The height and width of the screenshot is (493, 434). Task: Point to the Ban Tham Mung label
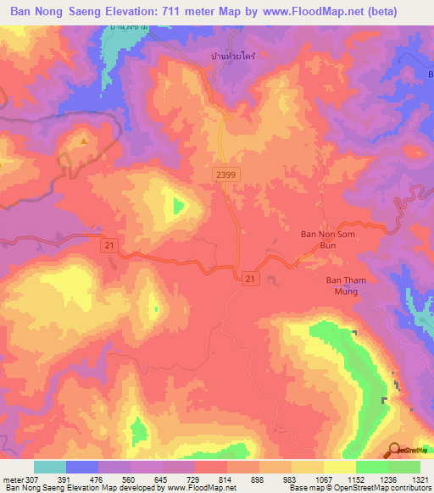pos(343,285)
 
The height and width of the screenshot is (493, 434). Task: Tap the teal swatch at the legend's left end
pos(50,467)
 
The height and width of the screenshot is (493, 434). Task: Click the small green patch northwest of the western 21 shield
pos(178,205)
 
